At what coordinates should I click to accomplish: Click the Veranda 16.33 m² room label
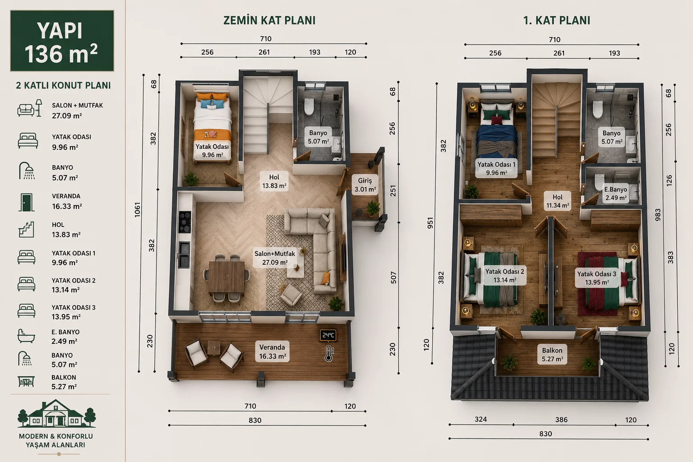(x=272, y=351)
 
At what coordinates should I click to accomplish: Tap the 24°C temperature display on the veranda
(x=328, y=335)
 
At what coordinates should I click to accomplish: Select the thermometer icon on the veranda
(x=328, y=353)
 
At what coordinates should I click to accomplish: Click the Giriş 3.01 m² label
(x=365, y=185)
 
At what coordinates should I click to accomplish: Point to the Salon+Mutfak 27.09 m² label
(x=275, y=258)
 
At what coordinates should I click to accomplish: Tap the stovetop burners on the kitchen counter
(x=185, y=222)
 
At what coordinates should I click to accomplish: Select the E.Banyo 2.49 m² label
(x=616, y=194)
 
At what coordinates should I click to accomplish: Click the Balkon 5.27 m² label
(x=552, y=355)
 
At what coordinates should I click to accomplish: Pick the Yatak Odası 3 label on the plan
(x=597, y=274)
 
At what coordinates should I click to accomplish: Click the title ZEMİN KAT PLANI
(x=269, y=20)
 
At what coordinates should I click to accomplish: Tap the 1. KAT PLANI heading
(x=557, y=20)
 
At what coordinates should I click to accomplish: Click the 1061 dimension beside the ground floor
(x=137, y=210)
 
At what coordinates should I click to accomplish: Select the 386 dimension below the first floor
(x=561, y=420)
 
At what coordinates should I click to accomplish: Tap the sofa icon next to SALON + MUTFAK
(x=29, y=108)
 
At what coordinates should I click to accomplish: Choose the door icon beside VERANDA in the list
(x=26, y=203)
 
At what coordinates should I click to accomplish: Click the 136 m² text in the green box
(x=61, y=54)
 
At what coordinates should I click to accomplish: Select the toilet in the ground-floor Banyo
(x=309, y=106)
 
